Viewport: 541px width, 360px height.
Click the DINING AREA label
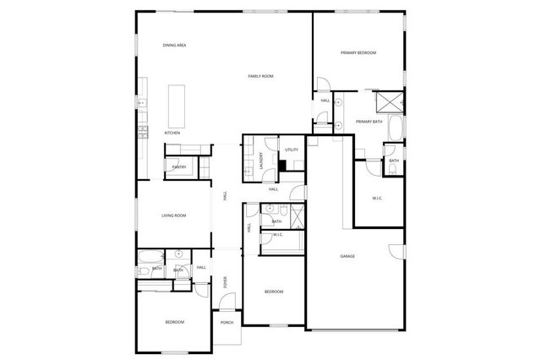(176, 45)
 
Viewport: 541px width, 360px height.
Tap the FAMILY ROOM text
(260, 76)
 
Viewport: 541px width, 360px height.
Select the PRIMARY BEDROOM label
(358, 52)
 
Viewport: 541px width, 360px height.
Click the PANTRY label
(179, 167)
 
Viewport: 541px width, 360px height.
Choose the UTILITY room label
(292, 150)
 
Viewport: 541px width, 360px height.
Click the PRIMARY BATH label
(369, 122)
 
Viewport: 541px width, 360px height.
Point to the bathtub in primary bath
(401, 131)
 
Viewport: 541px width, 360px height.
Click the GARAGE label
(347, 256)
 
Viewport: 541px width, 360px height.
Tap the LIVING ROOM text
(174, 215)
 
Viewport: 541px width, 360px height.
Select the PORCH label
(227, 322)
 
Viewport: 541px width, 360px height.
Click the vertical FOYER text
(225, 282)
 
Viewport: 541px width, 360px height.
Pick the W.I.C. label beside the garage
(378, 199)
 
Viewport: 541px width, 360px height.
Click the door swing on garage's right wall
(396, 251)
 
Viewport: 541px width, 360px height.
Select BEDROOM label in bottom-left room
(174, 321)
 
